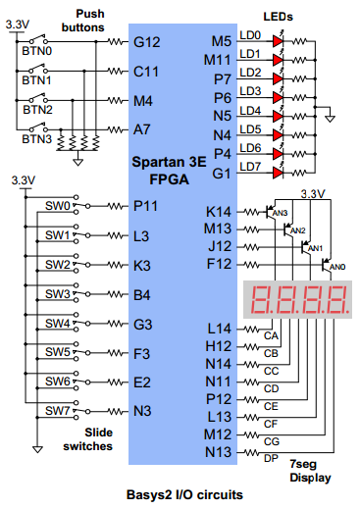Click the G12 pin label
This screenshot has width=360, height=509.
[x=147, y=42]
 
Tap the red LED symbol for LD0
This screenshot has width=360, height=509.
[x=278, y=41]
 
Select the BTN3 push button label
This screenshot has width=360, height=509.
[x=36, y=139]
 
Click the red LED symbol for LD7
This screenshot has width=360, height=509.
[x=278, y=173]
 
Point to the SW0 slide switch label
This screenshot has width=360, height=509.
[x=58, y=206]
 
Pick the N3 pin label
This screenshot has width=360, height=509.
[x=142, y=411]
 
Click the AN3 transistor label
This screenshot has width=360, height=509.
[x=280, y=213]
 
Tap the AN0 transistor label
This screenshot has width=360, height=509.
[x=337, y=267]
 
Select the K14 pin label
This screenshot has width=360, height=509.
[x=219, y=212]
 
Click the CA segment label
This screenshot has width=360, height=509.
[x=271, y=335]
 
